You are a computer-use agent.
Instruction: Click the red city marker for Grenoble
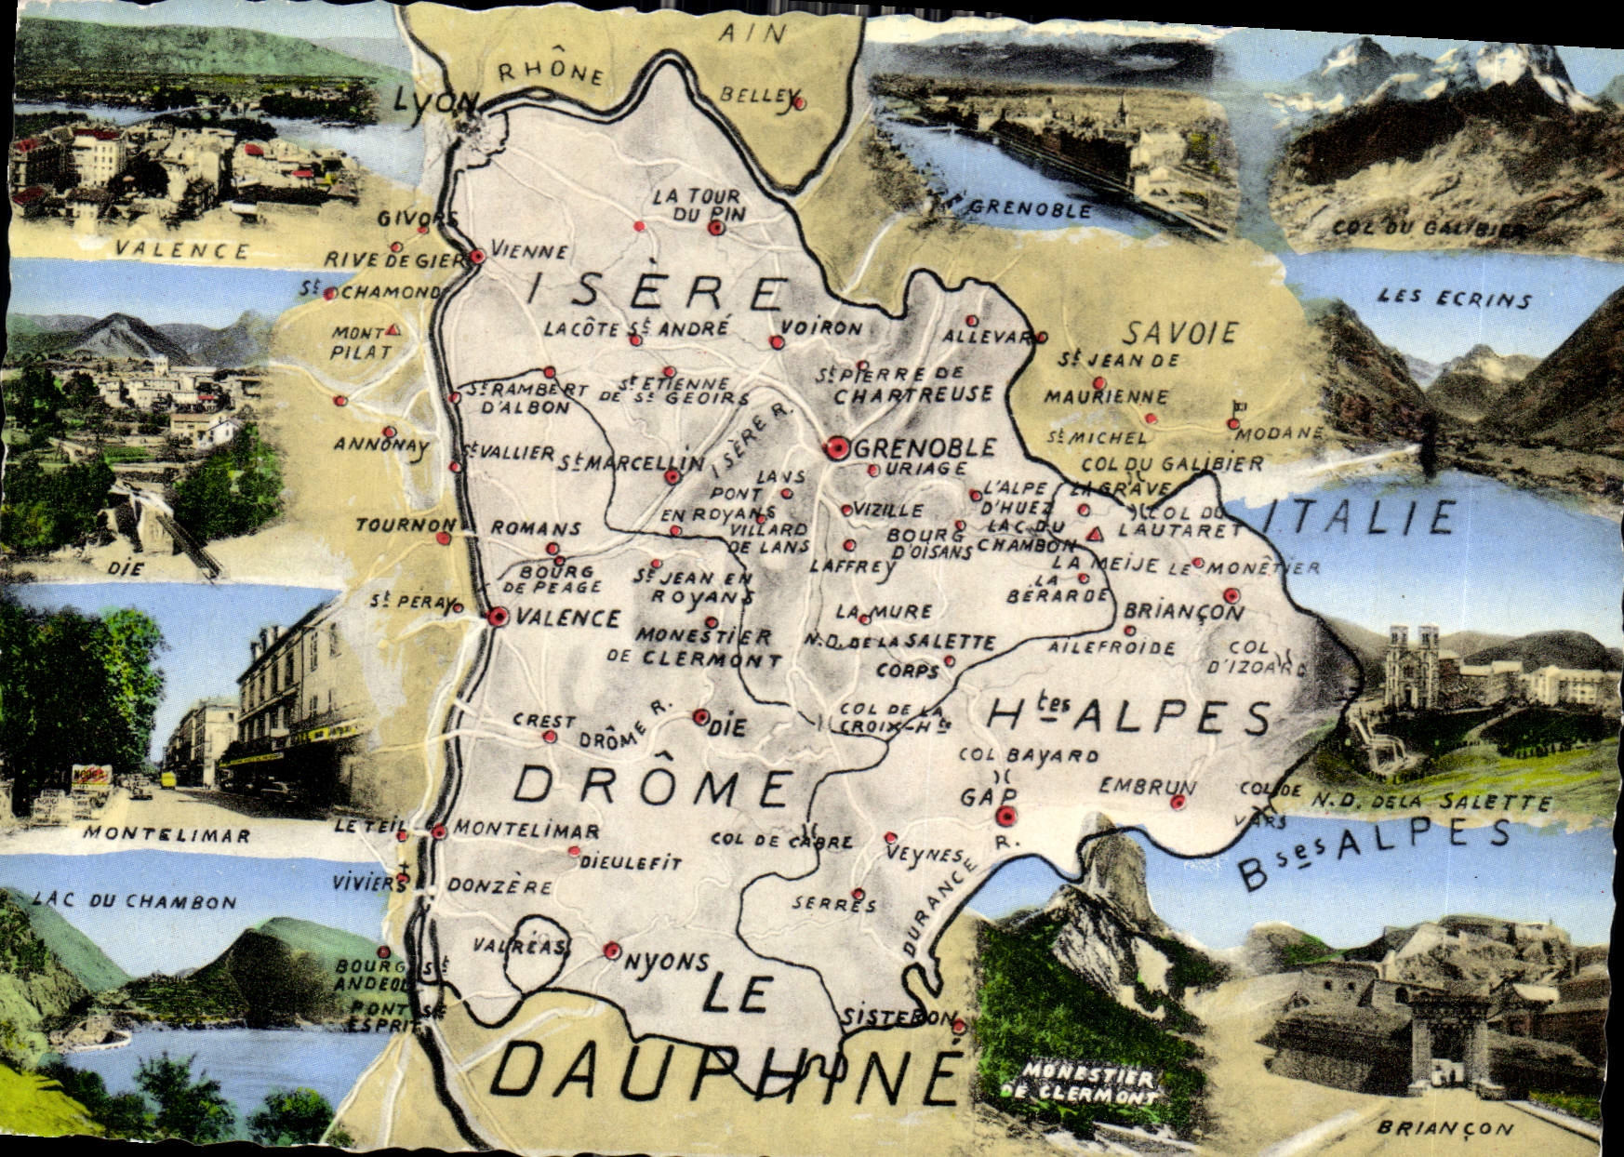tap(836, 449)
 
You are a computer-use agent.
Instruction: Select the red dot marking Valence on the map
tap(499, 617)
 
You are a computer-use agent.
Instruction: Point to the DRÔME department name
tap(652, 787)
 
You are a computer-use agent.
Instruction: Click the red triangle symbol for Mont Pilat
tap(393, 330)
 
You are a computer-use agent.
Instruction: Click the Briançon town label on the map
tap(1183, 612)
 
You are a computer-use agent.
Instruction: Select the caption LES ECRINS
tap(1454, 299)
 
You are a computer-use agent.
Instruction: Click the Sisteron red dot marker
tap(959, 1026)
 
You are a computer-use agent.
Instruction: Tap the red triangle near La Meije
tap(1095, 534)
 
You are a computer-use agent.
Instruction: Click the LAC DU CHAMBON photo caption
tap(134, 901)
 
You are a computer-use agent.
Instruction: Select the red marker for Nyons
tap(611, 951)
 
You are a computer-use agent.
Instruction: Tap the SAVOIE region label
tap(1180, 333)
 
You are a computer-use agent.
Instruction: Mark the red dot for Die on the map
tap(700, 717)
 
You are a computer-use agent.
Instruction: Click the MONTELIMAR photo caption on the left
tap(166, 834)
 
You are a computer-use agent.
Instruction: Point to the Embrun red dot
tap(1178, 803)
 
